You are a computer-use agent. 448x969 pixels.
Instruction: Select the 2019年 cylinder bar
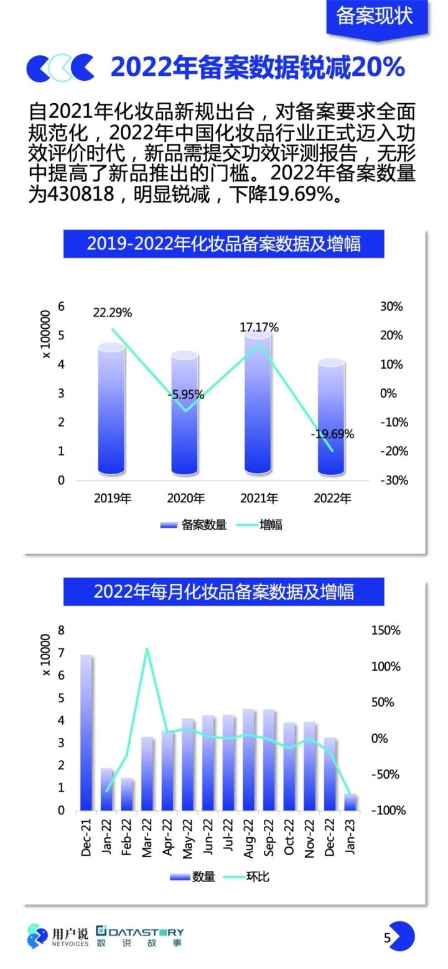(112, 410)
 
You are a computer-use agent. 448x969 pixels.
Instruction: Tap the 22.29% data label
(112, 313)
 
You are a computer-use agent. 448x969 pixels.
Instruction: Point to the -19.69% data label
(332, 434)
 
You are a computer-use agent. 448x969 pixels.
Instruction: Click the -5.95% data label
(185, 395)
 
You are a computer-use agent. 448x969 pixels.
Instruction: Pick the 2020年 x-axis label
(185, 498)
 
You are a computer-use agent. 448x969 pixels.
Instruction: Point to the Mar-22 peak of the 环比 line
(147, 649)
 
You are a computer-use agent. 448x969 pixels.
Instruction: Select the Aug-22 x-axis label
(249, 837)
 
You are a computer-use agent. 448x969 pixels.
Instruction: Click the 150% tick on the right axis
(386, 630)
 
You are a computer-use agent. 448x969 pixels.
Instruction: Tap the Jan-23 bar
(350, 802)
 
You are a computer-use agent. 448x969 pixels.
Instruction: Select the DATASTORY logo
(140, 936)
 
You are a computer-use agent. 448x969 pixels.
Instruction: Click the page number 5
(387, 937)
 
